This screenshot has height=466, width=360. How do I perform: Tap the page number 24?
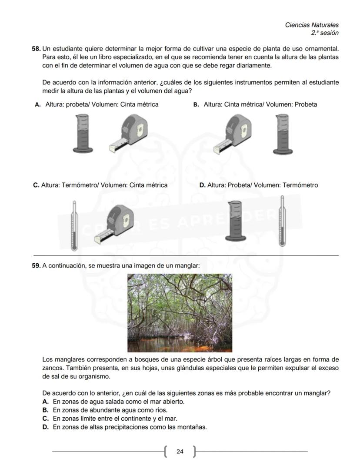tap(180, 452)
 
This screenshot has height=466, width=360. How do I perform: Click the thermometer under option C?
tap(74, 225)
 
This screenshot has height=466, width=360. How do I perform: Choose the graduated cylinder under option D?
tap(235, 221)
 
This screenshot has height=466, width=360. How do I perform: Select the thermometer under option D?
tap(282, 221)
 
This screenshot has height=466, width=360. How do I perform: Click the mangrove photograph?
tap(180, 312)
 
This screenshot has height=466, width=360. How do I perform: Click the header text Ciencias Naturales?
tap(312, 25)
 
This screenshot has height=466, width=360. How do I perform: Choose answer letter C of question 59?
tap(45, 419)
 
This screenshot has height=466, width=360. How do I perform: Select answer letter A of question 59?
tap(45, 402)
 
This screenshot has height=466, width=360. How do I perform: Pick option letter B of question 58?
tap(196, 104)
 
